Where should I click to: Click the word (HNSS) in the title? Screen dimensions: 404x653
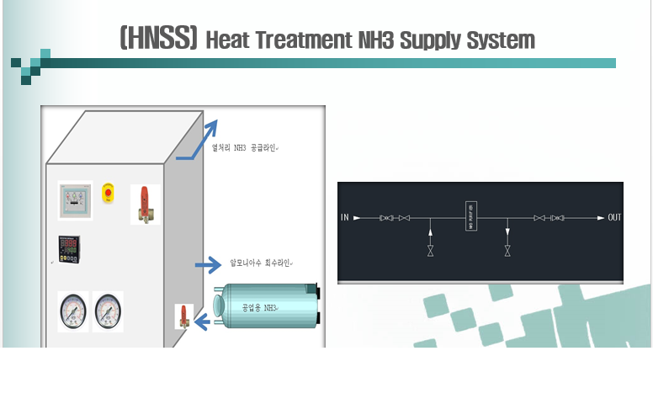pyautogui.click(x=158, y=39)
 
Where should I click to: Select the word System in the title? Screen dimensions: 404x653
pyautogui.click(x=504, y=40)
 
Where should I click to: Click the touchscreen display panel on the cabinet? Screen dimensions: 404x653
pyautogui.click(x=75, y=201)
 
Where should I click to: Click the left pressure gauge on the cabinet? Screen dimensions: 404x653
pyautogui.click(x=72, y=311)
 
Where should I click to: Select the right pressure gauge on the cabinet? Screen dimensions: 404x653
pyautogui.click(x=108, y=311)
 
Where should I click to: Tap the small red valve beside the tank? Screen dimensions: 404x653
pyautogui.click(x=183, y=316)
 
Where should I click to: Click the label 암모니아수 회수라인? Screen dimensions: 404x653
pyautogui.click(x=260, y=263)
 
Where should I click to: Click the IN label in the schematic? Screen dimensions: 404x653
pyautogui.click(x=345, y=218)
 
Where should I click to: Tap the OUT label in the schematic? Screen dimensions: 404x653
pyautogui.click(x=614, y=218)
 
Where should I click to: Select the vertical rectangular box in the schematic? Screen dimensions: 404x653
pyautogui.click(x=471, y=216)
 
